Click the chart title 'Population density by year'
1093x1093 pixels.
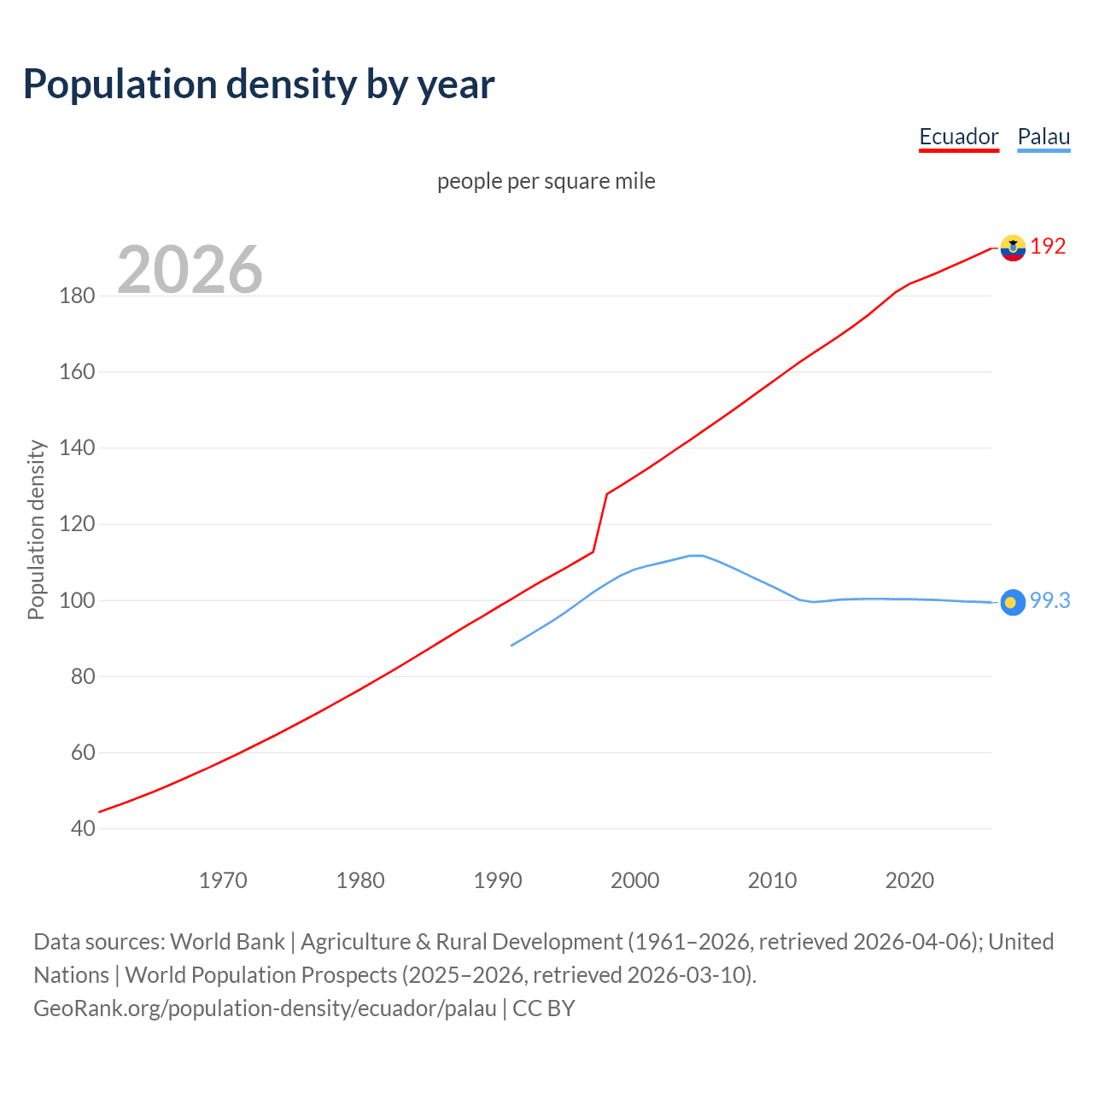tap(259, 85)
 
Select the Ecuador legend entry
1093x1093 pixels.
tap(958, 137)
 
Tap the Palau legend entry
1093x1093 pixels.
tap(1043, 137)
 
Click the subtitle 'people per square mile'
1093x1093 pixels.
tap(546, 182)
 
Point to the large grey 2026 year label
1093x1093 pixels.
tap(190, 270)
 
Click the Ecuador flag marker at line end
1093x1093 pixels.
tap(1013, 248)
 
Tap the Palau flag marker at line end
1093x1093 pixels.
tap(1013, 602)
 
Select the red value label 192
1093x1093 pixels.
tap(1048, 247)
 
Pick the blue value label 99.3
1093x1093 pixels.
tap(1049, 601)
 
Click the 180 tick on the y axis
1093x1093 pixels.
tap(77, 296)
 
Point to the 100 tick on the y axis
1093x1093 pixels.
tap(77, 600)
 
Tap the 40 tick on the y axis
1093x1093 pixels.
tap(83, 828)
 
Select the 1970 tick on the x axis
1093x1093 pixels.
tap(223, 880)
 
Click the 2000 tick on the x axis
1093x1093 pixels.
tap(634, 880)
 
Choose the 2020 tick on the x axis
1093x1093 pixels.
tap(909, 880)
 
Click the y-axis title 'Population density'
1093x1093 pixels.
tap(36, 529)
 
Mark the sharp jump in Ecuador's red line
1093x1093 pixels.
tap(600, 523)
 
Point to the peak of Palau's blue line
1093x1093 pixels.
tap(696, 556)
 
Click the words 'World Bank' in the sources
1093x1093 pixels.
tap(227, 942)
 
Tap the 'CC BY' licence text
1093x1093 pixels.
tap(544, 1008)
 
